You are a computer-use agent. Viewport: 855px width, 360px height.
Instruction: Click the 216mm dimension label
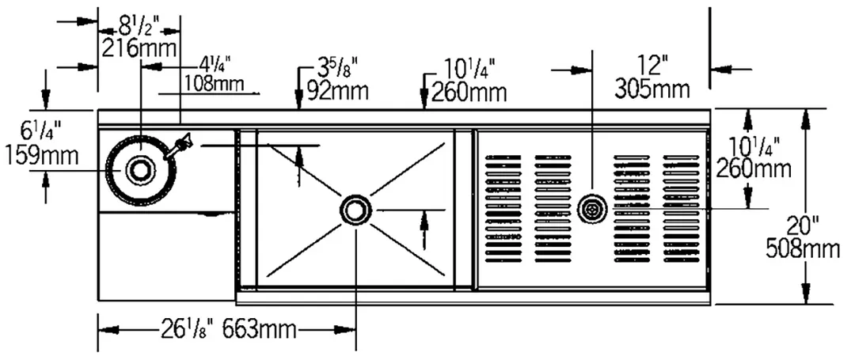click(x=139, y=48)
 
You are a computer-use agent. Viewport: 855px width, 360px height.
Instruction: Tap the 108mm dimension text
click(x=213, y=84)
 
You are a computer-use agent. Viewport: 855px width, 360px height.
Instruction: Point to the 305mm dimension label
click(x=652, y=89)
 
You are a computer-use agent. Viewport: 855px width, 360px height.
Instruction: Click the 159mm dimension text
click(x=42, y=157)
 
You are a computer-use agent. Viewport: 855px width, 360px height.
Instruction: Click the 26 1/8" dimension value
click(x=184, y=329)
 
